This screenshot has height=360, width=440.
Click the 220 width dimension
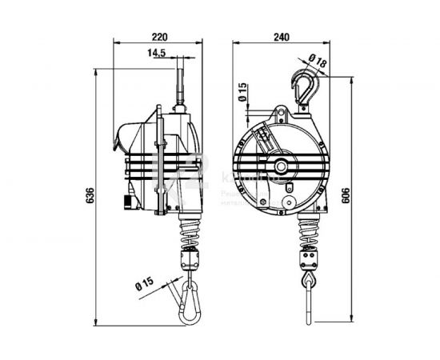click(160, 35)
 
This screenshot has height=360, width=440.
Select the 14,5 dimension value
click(157, 53)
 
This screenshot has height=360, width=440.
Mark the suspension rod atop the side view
click(179, 84)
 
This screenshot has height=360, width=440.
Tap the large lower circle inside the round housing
click(286, 194)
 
